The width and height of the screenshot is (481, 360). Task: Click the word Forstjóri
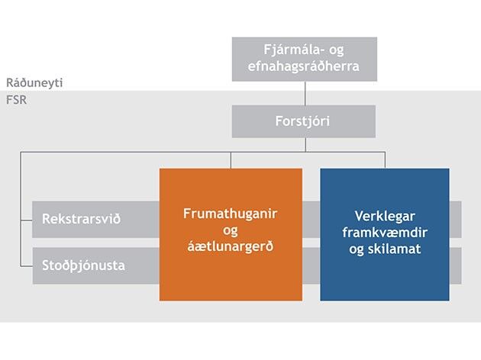click(304, 121)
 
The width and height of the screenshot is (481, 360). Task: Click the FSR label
click(17, 98)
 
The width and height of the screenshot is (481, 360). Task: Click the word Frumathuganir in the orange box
click(231, 214)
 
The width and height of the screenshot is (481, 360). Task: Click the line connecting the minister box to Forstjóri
click(305, 92)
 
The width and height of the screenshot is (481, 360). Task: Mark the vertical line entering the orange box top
click(231, 160)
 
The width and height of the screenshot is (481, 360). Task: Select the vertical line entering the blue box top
click(385, 160)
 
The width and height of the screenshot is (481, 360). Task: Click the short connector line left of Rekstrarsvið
click(26, 219)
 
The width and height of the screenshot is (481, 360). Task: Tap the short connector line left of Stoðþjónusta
click(26, 265)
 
